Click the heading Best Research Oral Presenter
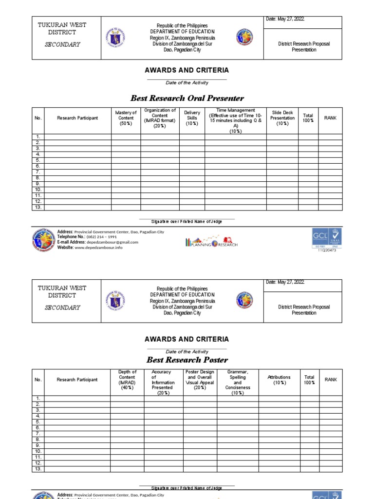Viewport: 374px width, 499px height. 187,98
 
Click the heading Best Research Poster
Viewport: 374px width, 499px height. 187,360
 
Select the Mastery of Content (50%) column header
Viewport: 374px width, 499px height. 126,118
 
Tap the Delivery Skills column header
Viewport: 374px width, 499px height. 192,118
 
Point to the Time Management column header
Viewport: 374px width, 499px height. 235,120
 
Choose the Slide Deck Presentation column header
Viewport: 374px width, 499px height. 282,118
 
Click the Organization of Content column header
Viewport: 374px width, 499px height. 160,118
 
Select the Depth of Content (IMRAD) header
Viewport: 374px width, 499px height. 127,380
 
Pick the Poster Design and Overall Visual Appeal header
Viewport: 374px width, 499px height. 200,380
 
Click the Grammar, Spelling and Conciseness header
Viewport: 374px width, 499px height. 238,383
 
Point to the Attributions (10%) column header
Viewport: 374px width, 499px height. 279,380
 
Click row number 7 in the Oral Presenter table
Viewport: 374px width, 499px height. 38,172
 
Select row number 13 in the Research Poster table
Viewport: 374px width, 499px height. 38,469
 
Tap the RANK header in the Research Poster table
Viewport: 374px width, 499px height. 331,380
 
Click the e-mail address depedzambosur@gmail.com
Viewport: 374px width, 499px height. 112,242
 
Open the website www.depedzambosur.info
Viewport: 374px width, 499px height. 103,248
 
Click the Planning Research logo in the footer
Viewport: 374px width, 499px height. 211,242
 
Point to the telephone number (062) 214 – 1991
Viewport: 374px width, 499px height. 102,237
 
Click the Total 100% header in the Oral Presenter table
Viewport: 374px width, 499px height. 308,118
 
